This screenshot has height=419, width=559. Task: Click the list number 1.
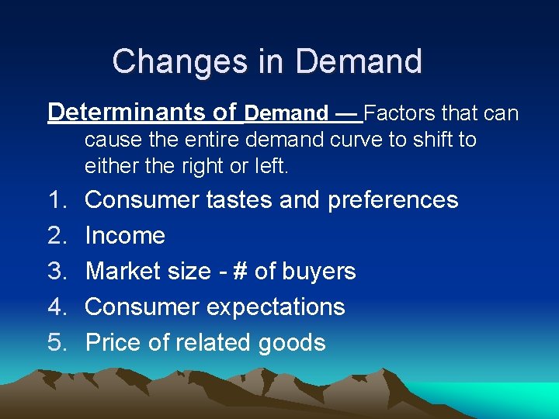[x=58, y=200]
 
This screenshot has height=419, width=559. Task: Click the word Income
[x=125, y=236]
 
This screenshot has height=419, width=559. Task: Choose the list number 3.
[x=58, y=272]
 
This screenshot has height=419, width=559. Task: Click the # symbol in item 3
[x=238, y=272]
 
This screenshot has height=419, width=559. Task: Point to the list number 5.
[x=58, y=343]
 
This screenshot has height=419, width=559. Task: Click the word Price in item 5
[x=114, y=343]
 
